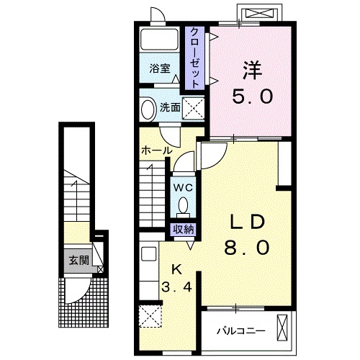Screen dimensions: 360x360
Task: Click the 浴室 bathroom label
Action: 160,68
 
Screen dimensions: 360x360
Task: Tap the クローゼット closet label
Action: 195,58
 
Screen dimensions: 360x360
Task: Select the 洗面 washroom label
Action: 170,107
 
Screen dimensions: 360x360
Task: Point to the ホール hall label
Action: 157,150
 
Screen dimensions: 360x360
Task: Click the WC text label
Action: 183,188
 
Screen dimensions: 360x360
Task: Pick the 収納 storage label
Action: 184,230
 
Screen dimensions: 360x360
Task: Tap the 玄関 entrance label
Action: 79,260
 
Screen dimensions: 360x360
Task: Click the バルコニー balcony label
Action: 241,331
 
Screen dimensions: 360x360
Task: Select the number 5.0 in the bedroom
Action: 253,96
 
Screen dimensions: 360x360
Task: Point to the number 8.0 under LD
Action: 246,247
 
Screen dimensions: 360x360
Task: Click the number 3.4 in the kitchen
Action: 176,287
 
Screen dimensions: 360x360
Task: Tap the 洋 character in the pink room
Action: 252,70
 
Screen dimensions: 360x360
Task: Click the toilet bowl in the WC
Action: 184,205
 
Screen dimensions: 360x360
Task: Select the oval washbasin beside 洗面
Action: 148,109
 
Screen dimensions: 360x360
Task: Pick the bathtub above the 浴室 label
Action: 159,40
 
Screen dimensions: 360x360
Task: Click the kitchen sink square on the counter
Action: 148,254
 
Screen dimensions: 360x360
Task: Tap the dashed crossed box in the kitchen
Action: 150,316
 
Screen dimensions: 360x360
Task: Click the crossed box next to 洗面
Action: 193,109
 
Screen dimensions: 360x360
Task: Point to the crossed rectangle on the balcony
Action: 282,328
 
